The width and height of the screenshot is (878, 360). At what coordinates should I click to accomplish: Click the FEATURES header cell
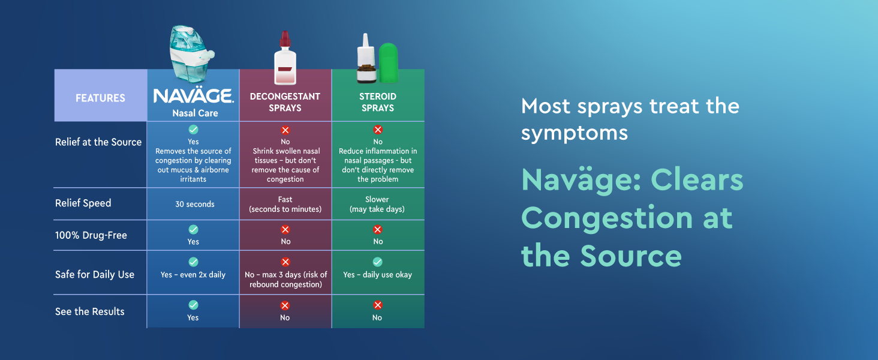coord(100,98)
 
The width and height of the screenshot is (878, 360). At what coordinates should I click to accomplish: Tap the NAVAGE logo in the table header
coord(193,96)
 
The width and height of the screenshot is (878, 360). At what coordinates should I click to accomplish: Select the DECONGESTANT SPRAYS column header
coord(285,102)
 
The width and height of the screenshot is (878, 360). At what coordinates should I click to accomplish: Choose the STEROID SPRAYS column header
coord(377,102)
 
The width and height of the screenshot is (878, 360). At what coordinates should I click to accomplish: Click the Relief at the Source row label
coord(98,142)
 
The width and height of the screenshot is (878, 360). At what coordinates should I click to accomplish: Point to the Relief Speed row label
coord(83,203)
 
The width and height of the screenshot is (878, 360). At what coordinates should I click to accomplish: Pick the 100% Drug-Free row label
coord(91,235)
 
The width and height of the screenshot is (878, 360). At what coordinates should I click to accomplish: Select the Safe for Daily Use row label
coord(95,274)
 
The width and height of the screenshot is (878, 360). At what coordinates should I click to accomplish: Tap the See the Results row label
coord(90,311)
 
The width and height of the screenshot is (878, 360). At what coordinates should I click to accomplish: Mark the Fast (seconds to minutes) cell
coord(285,204)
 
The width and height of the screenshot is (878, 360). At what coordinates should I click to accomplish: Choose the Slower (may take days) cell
coord(377,204)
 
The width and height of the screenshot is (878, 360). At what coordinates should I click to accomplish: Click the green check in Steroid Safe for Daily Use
coord(377,262)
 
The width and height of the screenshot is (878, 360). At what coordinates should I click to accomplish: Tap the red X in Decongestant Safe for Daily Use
coord(285,262)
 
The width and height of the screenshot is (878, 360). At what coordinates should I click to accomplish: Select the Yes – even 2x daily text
coord(193,275)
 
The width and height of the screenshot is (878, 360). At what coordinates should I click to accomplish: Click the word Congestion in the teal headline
coord(606,217)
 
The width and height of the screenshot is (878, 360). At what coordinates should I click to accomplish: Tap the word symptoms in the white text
coord(575,132)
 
